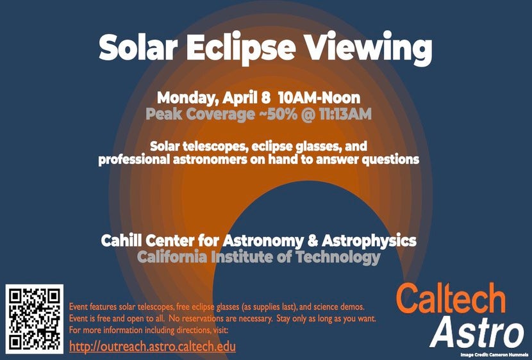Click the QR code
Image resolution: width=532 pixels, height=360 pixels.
(x=34, y=319)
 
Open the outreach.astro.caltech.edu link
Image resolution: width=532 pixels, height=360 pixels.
(x=153, y=347)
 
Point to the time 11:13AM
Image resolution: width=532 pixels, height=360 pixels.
(x=345, y=114)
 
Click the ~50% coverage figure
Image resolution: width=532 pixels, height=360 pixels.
(x=278, y=114)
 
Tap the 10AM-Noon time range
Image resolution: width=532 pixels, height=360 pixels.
(x=319, y=98)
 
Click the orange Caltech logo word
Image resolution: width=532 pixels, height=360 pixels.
(x=451, y=299)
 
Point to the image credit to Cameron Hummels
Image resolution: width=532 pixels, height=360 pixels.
(x=494, y=355)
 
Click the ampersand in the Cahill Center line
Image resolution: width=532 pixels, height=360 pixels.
(x=313, y=241)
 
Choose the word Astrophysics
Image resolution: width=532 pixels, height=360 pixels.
(x=369, y=241)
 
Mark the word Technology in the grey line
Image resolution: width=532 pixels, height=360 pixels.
(x=338, y=258)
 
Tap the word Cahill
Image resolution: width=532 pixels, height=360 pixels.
(x=122, y=241)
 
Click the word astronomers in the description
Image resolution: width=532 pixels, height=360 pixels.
(x=210, y=160)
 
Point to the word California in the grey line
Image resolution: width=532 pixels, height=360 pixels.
(x=172, y=257)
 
